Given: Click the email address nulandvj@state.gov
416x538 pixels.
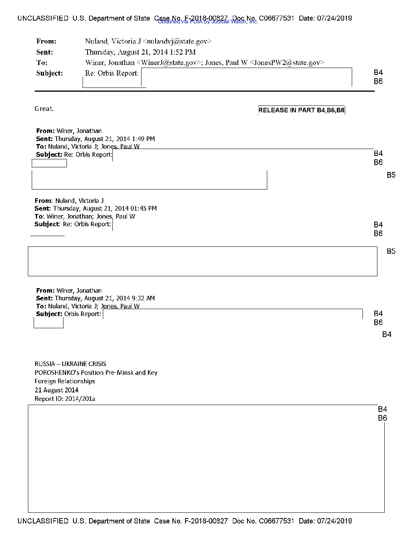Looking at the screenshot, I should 177,41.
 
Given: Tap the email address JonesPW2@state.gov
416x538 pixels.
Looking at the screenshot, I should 287,63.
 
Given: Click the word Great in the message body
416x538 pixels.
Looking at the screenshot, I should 44,109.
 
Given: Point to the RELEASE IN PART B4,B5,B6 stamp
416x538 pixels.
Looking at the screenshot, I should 301,110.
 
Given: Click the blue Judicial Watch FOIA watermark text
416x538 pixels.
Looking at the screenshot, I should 208,22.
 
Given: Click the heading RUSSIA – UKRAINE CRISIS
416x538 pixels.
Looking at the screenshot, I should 70,364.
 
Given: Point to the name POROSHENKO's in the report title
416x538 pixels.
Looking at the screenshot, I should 52,373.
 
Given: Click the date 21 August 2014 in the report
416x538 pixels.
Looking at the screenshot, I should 57,390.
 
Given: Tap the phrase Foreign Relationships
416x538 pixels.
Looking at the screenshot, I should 65,381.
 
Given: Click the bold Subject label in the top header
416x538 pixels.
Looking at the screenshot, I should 49,73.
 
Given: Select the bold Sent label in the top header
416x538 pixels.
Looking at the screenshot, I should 44,52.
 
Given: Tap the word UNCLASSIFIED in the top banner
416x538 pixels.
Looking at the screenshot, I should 43,18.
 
